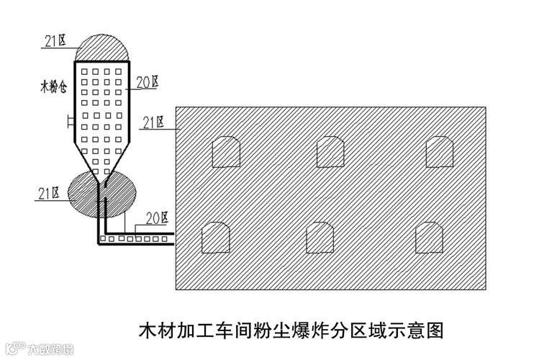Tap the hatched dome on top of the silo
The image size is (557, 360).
[102, 48]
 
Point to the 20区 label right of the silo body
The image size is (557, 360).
[147, 84]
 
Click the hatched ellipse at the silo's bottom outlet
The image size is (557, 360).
[101, 195]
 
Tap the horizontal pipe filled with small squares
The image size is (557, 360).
[137, 238]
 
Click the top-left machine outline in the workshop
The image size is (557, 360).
[225, 151]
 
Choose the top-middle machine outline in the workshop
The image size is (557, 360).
[331, 151]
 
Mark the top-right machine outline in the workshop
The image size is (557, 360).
[440, 151]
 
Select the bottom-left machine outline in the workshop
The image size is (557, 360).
[215, 238]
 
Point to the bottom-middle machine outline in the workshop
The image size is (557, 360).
[320, 238]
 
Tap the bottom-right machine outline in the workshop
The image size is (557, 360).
[430, 238]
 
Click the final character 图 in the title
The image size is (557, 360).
[434, 331]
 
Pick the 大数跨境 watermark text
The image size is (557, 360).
[50, 351]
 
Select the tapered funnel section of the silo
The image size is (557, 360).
[101, 162]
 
